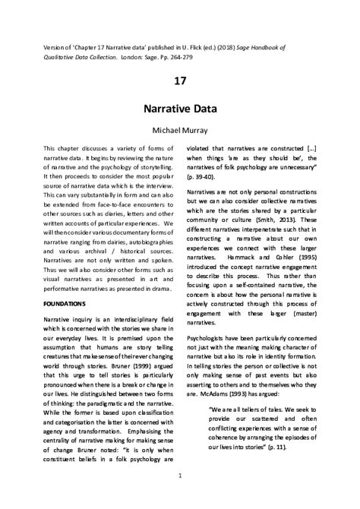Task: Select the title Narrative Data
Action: [180, 108]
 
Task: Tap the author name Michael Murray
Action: [180, 129]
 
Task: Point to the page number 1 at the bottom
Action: [180, 476]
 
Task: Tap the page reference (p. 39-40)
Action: [204, 174]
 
